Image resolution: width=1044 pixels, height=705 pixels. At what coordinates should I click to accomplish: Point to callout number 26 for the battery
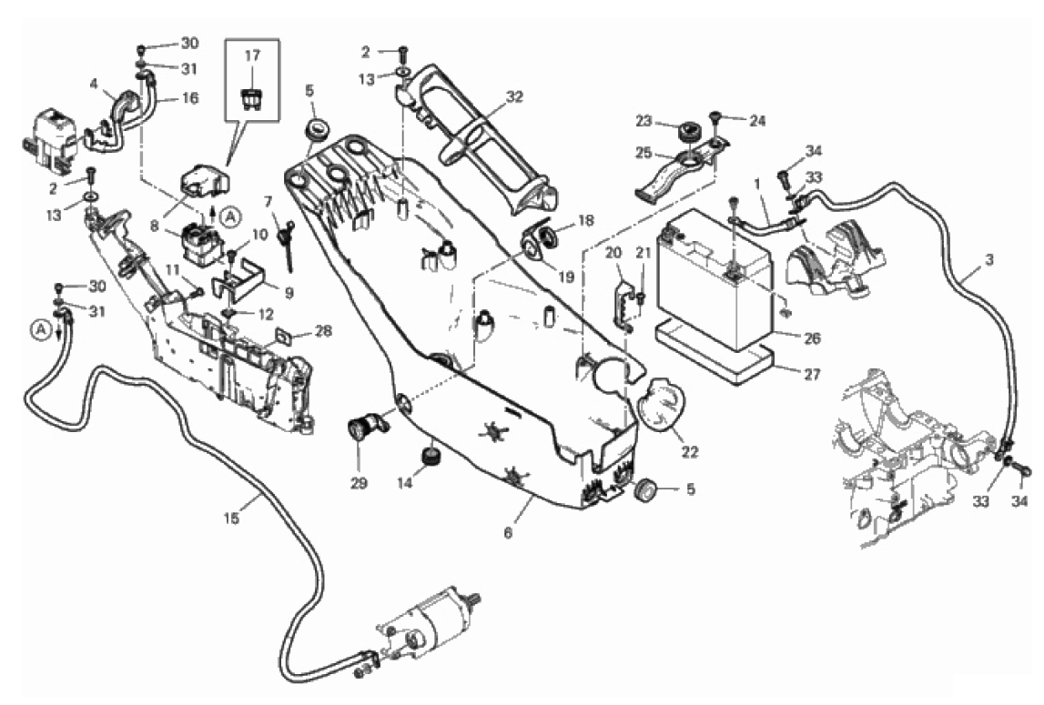pyautogui.click(x=813, y=338)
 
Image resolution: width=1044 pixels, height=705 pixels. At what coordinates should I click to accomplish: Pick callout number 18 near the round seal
pyautogui.click(x=584, y=220)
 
